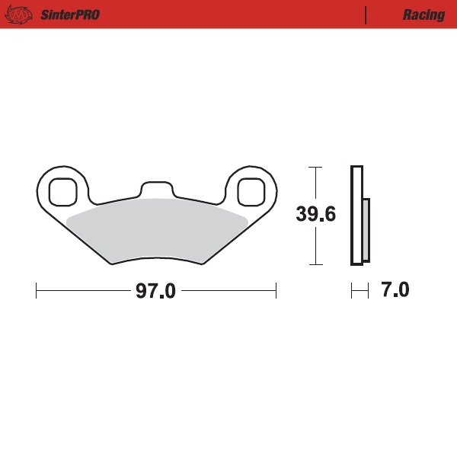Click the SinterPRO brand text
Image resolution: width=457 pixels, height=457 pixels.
click(69, 14)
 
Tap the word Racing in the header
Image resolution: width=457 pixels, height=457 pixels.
click(424, 14)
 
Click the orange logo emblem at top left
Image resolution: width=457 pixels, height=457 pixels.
click(21, 14)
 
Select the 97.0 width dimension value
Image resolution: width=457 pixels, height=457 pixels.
click(155, 291)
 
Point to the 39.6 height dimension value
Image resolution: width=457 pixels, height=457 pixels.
click(316, 216)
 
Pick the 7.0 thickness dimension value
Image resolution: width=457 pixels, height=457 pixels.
click(395, 290)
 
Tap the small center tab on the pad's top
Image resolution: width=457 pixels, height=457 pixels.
click(157, 188)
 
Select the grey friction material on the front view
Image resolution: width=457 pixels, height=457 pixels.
click(157, 228)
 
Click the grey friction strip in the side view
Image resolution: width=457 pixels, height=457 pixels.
click(366, 228)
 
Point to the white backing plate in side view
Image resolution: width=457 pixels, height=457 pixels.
click(356, 216)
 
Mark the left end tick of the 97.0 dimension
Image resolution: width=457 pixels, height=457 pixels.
click(37, 290)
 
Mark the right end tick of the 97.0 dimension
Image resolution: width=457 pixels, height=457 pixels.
click(276, 290)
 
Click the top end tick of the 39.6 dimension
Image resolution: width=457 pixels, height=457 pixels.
click(315, 166)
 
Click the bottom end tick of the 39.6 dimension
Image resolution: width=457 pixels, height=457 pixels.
click(315, 265)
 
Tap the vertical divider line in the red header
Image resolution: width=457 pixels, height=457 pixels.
click(366, 14)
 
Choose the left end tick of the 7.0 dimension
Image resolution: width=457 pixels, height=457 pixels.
click(351, 290)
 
